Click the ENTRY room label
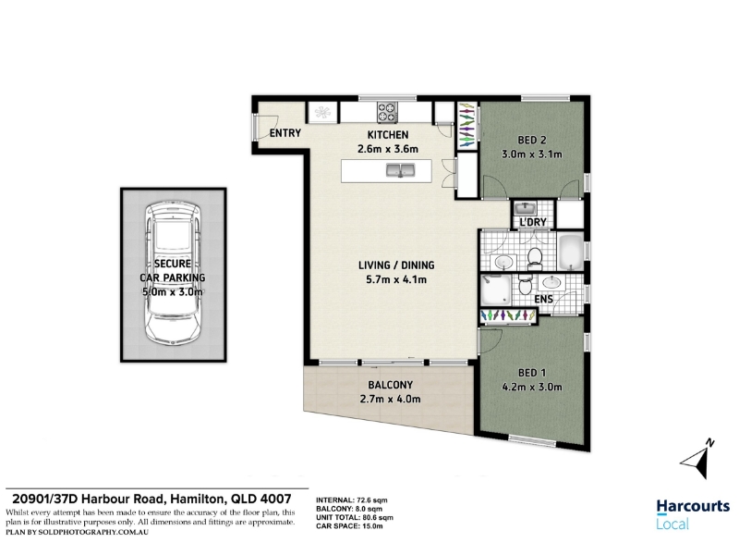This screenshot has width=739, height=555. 285,133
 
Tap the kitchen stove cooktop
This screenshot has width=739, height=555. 387,112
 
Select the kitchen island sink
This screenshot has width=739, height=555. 400,170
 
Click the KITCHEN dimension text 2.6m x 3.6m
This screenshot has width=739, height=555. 388,149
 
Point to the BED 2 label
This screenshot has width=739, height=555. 532,141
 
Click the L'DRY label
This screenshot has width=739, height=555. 533,222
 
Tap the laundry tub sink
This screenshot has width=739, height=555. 524,207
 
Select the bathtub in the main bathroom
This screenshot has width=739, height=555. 570,252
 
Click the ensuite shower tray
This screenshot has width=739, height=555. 495,290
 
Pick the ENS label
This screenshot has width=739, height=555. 543,299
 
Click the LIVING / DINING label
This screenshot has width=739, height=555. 396,265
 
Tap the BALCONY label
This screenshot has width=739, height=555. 390,385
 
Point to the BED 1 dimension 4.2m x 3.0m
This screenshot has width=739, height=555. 533,387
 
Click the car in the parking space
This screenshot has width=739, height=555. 173,272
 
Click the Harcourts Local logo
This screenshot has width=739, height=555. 693,514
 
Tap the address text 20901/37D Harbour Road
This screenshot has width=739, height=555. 88,499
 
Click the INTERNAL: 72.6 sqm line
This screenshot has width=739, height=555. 352,500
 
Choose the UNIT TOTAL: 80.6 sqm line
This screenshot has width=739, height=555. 355,518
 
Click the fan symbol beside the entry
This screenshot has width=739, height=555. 322,112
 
